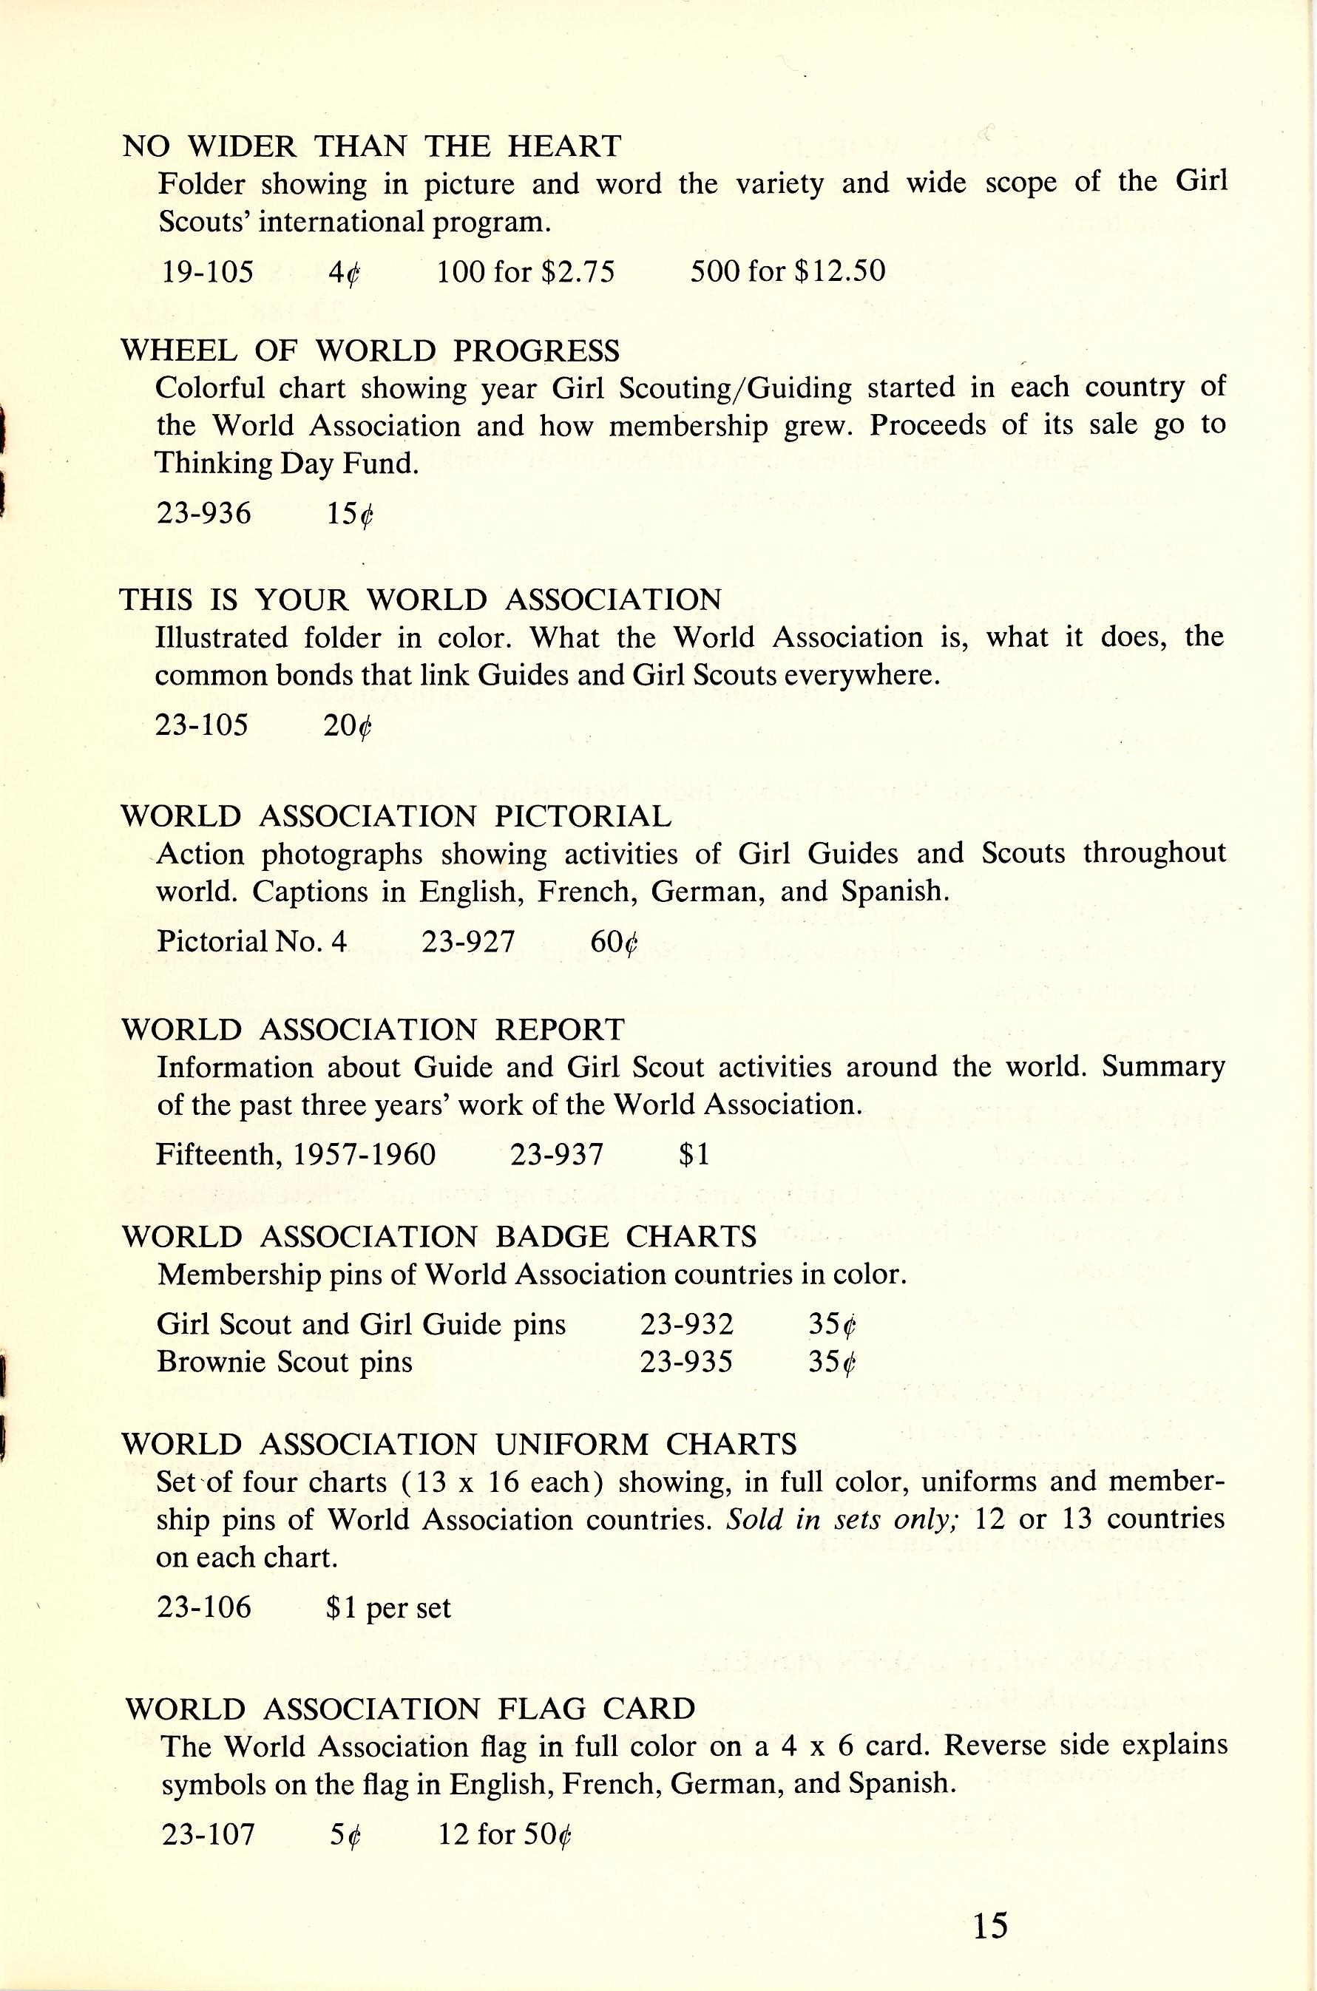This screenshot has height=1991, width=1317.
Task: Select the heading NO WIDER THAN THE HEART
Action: (x=371, y=147)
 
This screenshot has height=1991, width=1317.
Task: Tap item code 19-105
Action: (x=208, y=271)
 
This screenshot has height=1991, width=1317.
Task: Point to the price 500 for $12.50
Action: (x=787, y=271)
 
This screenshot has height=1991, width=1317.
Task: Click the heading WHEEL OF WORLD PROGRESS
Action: (x=370, y=350)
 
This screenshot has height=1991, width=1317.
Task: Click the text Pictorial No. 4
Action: (x=251, y=941)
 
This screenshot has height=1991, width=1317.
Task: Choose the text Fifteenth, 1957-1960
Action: (x=296, y=1155)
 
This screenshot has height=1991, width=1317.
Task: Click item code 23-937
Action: (x=556, y=1155)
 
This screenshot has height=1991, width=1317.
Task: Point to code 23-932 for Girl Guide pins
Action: (x=686, y=1325)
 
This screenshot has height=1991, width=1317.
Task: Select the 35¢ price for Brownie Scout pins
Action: (x=831, y=1361)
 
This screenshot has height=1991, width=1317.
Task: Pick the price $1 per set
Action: (x=388, y=1607)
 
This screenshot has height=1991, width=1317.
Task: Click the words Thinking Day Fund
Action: (x=286, y=463)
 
